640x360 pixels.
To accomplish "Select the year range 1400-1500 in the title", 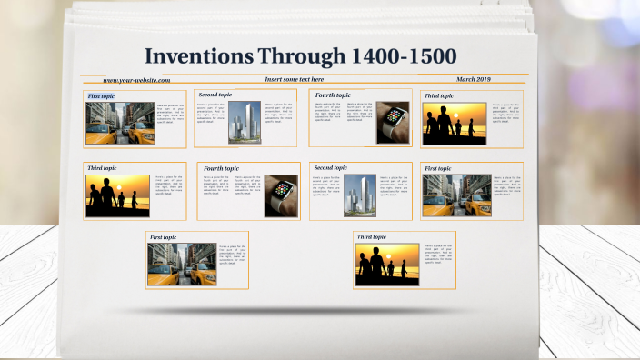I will tap(403, 57).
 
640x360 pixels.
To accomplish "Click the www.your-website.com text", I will tap(136, 80).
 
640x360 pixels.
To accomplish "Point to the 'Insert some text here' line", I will tap(295, 80).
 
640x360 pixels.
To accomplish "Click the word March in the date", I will tap(467, 80).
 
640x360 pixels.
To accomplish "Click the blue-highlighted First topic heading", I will tap(101, 95).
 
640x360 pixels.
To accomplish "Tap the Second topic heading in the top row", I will tap(215, 95).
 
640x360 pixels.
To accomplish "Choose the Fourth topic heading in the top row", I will tap(333, 95).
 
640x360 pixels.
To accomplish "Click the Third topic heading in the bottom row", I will tap(372, 237).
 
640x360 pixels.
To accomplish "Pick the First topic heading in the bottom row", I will tap(164, 237).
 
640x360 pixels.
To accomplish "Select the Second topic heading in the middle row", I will tap(330, 168).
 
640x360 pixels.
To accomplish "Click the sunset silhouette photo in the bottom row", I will tap(387, 264).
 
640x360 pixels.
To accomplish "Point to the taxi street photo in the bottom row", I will tap(182, 264).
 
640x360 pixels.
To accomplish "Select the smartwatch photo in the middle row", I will tap(282, 195).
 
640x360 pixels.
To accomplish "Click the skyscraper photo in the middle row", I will tap(359, 195).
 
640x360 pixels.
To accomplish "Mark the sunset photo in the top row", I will tap(454, 121).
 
